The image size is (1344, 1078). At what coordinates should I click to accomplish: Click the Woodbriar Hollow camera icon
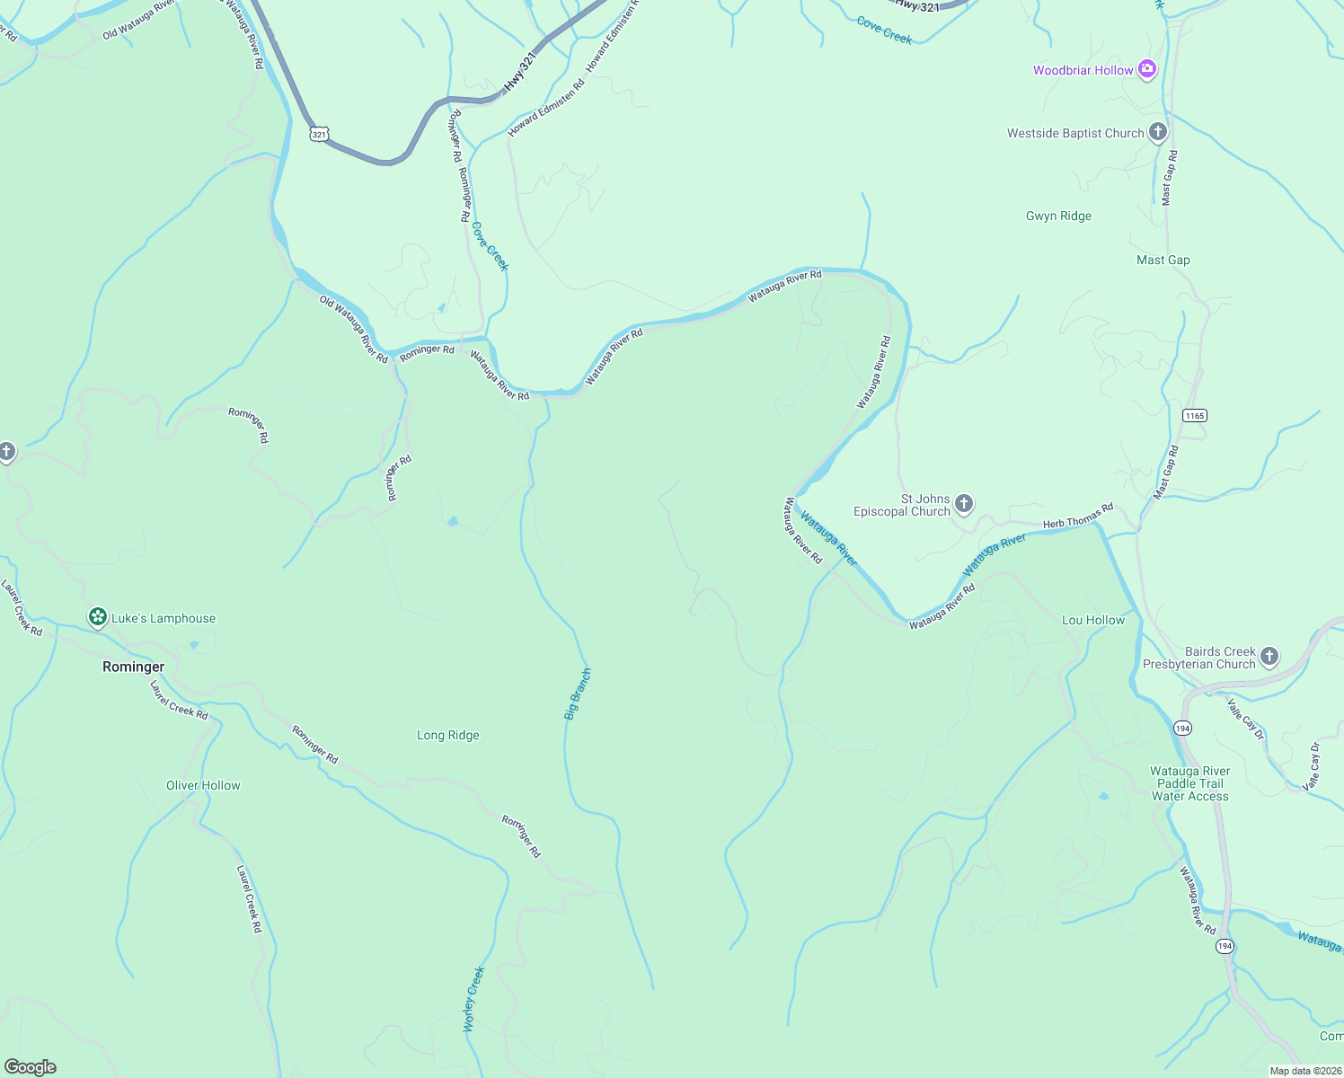click(1146, 69)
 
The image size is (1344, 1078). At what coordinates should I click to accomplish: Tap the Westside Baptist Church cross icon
click(1158, 133)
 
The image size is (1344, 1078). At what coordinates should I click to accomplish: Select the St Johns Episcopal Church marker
click(964, 503)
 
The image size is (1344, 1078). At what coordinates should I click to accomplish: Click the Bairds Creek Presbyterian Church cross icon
click(1269, 657)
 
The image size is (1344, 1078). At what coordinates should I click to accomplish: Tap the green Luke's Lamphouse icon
click(97, 617)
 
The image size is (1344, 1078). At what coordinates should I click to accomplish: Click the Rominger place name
click(133, 667)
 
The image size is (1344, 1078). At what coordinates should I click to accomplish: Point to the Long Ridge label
click(447, 735)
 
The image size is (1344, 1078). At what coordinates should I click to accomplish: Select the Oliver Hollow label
click(203, 785)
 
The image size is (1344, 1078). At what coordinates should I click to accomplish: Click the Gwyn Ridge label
click(1058, 216)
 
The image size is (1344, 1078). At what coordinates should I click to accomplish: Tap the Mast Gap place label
click(1163, 260)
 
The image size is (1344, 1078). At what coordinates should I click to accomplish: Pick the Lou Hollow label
click(1092, 620)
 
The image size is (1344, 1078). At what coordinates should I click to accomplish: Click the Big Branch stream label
click(578, 694)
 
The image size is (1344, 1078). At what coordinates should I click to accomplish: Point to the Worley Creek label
click(473, 998)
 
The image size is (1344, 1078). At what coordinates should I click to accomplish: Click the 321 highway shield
click(319, 134)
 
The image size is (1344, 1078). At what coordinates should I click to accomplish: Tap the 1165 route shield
click(1194, 415)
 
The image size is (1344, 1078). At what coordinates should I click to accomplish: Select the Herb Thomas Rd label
click(1077, 516)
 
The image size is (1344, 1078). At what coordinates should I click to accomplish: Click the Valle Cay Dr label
click(1245, 719)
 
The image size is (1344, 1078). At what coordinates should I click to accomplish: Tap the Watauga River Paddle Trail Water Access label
click(1189, 783)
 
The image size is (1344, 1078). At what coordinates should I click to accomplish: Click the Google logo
click(31, 1066)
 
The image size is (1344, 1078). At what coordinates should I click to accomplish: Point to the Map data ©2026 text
click(1305, 1071)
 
